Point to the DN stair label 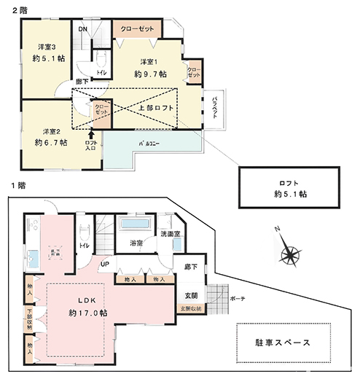tap(84, 29)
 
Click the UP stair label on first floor tap(105, 264)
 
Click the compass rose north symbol tap(289, 253)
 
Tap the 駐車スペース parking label tap(282, 343)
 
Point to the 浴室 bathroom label tap(136, 243)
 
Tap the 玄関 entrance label tap(191, 296)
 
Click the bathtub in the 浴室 tap(136, 224)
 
